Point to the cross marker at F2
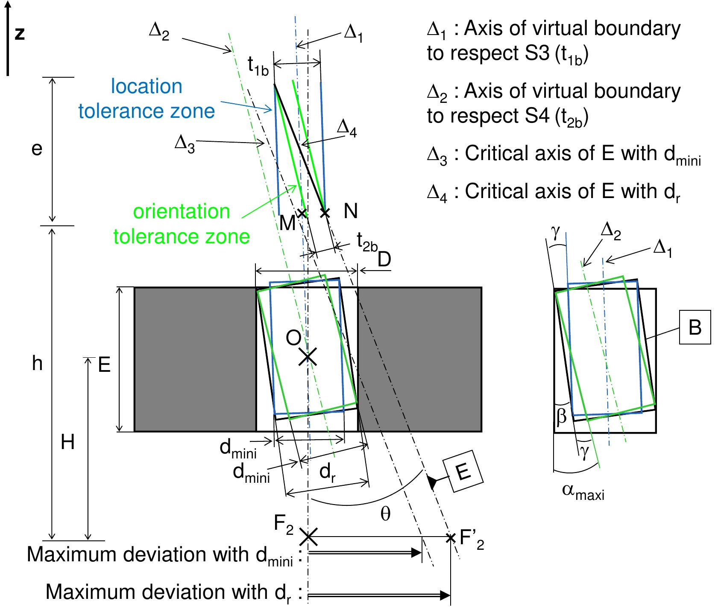(x=308, y=537)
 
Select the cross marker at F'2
(x=451, y=537)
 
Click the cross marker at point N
(x=325, y=212)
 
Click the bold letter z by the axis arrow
(x=20, y=33)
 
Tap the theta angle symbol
(x=385, y=514)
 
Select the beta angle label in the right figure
(x=561, y=416)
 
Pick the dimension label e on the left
(x=37, y=149)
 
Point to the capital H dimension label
(x=67, y=443)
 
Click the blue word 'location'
(x=147, y=87)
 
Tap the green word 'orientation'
(x=182, y=212)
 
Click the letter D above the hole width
(x=384, y=260)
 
